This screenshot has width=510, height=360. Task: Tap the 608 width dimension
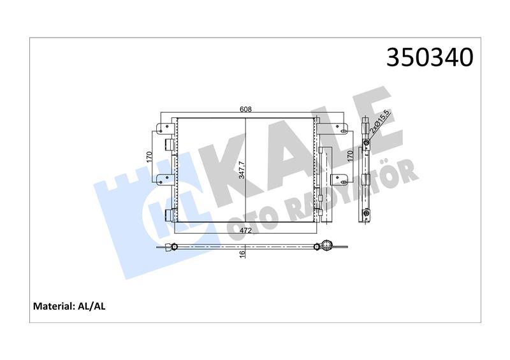click(x=245, y=110)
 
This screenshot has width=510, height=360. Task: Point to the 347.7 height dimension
click(x=242, y=169)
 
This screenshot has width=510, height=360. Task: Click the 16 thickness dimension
click(x=242, y=254)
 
